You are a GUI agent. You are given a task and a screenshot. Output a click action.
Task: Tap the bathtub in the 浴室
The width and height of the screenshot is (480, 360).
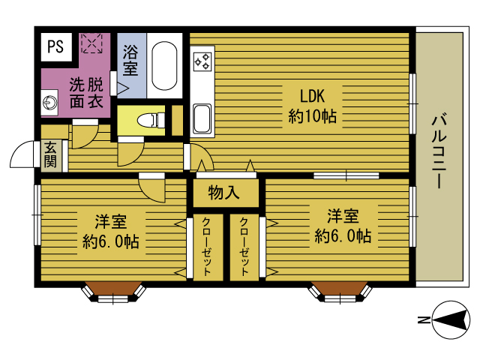[163, 65]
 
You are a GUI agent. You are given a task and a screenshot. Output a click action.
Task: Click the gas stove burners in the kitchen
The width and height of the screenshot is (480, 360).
[202, 62]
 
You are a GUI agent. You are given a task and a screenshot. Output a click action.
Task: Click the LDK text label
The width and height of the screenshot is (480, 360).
[311, 97]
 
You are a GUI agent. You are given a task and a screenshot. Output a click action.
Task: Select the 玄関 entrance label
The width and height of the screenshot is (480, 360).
[50, 154]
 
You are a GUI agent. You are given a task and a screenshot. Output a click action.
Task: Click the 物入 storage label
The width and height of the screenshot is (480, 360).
[223, 193]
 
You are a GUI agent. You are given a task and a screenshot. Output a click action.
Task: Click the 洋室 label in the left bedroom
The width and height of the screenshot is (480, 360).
[110, 222]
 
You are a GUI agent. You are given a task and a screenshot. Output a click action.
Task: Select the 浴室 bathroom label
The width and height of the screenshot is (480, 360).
[130, 61]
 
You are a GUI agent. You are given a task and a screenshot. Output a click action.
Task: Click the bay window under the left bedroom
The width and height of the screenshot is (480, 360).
[113, 291]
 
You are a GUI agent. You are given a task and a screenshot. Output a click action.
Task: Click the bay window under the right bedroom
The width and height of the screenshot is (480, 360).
[341, 291]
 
